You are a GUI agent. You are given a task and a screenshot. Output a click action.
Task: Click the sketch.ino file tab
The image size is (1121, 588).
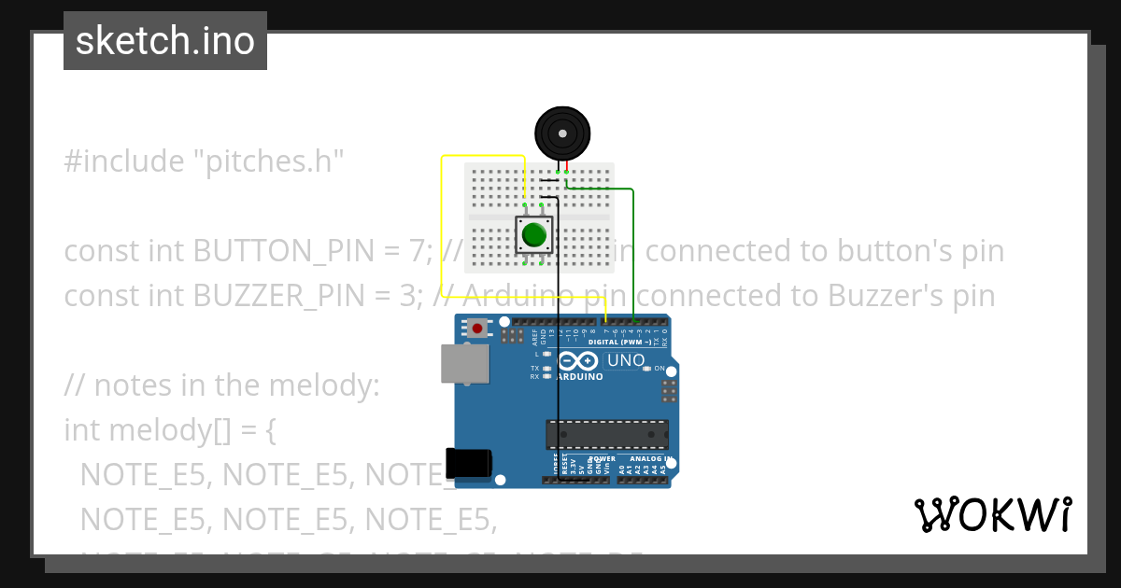tap(164, 41)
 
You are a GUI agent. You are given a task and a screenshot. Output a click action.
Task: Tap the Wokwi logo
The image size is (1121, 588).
tap(992, 514)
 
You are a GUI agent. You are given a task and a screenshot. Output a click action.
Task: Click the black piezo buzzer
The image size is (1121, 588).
tap(561, 133)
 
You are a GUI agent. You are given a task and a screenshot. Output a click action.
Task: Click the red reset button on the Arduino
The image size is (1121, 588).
tap(478, 328)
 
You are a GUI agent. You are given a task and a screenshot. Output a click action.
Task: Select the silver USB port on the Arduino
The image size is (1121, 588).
tap(463, 363)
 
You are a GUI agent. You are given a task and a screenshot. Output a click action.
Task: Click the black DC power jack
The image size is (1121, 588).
tap(468, 464)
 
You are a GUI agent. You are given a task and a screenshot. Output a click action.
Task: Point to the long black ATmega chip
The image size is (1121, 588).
tap(607, 434)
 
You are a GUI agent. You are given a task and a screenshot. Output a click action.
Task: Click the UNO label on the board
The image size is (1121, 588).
tap(626, 360)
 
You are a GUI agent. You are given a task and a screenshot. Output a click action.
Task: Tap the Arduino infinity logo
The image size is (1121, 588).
tap(578, 361)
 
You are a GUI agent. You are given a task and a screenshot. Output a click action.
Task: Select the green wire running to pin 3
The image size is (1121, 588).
tap(633, 252)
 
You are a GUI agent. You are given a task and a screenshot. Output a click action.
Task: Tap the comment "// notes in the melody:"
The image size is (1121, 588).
tap(221, 385)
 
